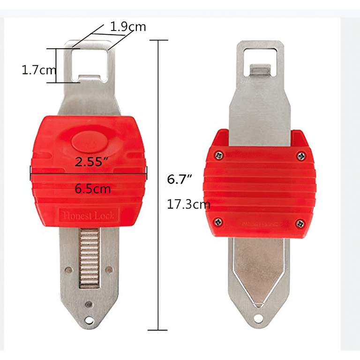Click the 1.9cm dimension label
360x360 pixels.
128,27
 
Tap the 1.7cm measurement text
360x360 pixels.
39,70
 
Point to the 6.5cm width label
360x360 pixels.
93,189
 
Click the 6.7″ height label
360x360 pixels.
179,179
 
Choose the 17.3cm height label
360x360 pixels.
188,204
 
